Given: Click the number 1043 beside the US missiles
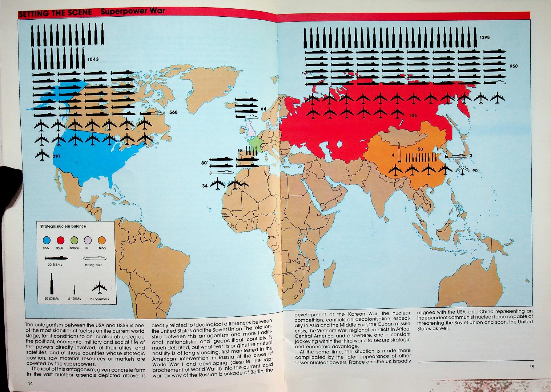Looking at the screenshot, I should tap(93, 59).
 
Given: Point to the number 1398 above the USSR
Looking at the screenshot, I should tap(484, 37).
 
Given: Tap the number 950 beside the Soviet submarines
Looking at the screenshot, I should tap(514, 66).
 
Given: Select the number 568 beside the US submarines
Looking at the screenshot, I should tap(173, 112).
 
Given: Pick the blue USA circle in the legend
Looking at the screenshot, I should tap(47, 240).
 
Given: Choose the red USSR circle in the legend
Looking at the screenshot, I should tap(60, 240).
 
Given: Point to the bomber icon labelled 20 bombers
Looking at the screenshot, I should tap(97, 288).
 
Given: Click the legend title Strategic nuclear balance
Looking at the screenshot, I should tap(63, 226).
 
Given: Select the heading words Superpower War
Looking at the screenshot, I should tap(133, 11).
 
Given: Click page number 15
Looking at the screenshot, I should tap(532, 367).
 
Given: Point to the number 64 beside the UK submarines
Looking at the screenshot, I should tap(264, 109).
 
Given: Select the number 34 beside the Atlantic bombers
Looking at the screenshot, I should tap(205, 186).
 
